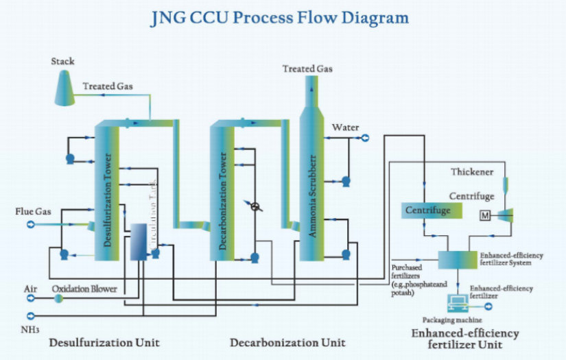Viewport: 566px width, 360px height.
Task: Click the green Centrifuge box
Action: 427,211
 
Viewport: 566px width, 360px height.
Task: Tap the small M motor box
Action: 485,216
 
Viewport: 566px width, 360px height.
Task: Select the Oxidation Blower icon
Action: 59,298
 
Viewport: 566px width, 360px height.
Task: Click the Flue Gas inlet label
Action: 34,212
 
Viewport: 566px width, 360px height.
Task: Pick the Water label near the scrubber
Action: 345,128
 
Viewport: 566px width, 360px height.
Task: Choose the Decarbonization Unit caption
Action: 287,341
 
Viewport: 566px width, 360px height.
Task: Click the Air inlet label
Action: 30,289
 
